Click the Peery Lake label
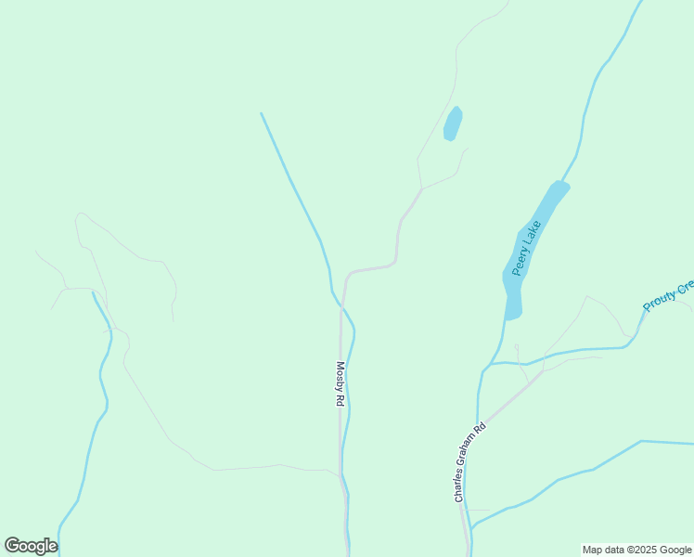[x=526, y=248]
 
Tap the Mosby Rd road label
[x=341, y=384]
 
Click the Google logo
[x=31, y=546]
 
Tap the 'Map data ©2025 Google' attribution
[x=636, y=550]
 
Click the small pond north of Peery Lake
[x=453, y=123]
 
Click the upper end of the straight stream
[x=262, y=113]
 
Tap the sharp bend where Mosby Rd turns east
[x=347, y=277]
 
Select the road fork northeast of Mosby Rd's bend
[x=422, y=189]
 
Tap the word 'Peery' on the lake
[x=520, y=259]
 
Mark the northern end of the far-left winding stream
[x=94, y=292]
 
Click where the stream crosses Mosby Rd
[x=342, y=304]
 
